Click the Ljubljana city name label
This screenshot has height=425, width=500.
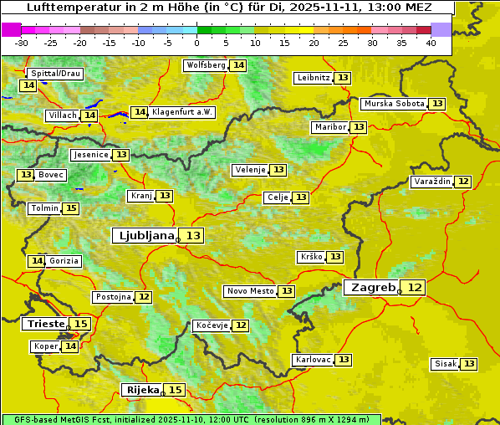145,236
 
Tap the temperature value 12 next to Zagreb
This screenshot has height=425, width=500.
415,288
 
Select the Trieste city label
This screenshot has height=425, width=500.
45,324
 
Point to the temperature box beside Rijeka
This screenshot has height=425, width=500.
175,390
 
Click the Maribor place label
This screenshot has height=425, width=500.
329,127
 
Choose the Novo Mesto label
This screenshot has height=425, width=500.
250,291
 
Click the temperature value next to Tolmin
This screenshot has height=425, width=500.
71,208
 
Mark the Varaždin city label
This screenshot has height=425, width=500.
431,182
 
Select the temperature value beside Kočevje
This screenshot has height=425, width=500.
241,325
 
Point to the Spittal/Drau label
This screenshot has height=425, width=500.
55,74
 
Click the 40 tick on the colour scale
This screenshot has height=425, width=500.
431,43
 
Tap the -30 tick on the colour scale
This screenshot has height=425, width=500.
22,43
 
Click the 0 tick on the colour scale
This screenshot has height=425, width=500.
197,43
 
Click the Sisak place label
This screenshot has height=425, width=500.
444,364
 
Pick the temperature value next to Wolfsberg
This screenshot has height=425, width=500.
238,65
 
